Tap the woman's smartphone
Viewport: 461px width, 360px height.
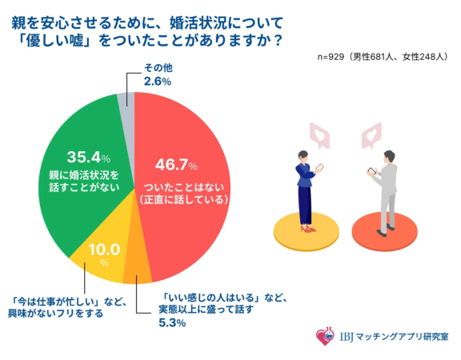[x=320, y=168]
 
